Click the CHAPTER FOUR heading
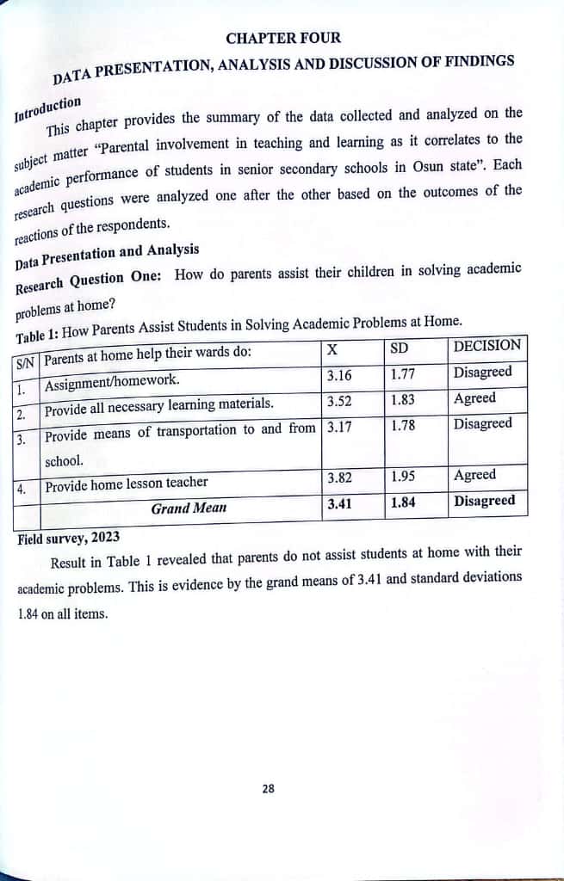click(x=283, y=38)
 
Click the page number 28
click(x=268, y=787)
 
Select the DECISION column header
click(x=487, y=346)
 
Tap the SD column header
click(x=399, y=348)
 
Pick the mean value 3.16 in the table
click(x=339, y=375)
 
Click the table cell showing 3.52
click(x=339, y=400)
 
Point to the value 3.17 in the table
click(x=339, y=426)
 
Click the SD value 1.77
click(x=402, y=374)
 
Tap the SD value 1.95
click(x=403, y=477)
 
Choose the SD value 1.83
click(x=402, y=399)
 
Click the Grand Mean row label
click(x=189, y=508)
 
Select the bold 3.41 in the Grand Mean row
click(x=339, y=503)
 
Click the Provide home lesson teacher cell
click(x=126, y=485)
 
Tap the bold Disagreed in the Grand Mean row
click(x=485, y=501)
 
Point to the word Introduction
click(x=48, y=109)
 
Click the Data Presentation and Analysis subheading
click(x=108, y=254)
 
